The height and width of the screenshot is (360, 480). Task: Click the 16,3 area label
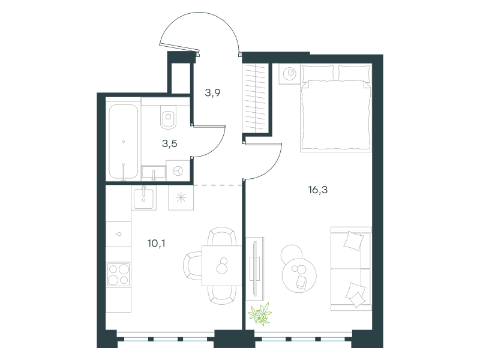pos(318,190)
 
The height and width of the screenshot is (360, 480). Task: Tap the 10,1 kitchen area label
pos(156,244)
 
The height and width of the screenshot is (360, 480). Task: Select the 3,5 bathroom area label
pos(170,143)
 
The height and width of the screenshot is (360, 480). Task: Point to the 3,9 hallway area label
pos(212,92)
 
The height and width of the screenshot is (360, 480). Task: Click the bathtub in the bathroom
pos(124,142)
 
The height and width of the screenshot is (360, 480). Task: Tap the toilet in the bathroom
pos(168,117)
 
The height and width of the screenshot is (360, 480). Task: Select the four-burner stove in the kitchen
pos(118,274)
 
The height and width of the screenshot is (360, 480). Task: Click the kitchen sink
pos(143,198)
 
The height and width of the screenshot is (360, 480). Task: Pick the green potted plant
pos(260,313)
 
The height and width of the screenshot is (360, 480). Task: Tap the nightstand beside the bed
pos(289,73)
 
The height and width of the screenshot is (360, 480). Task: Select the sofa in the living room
pos(351,269)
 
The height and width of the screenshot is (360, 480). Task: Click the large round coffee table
pos(299,275)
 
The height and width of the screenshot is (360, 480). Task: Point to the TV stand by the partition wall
pos(254,268)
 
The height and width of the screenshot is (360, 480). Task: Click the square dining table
pos(221,266)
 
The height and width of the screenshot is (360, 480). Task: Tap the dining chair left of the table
pos(193,266)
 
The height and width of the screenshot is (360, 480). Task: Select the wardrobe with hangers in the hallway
pos(255,98)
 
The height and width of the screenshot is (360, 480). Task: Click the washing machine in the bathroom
pos(178,170)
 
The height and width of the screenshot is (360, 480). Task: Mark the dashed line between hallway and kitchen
pos(218,185)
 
